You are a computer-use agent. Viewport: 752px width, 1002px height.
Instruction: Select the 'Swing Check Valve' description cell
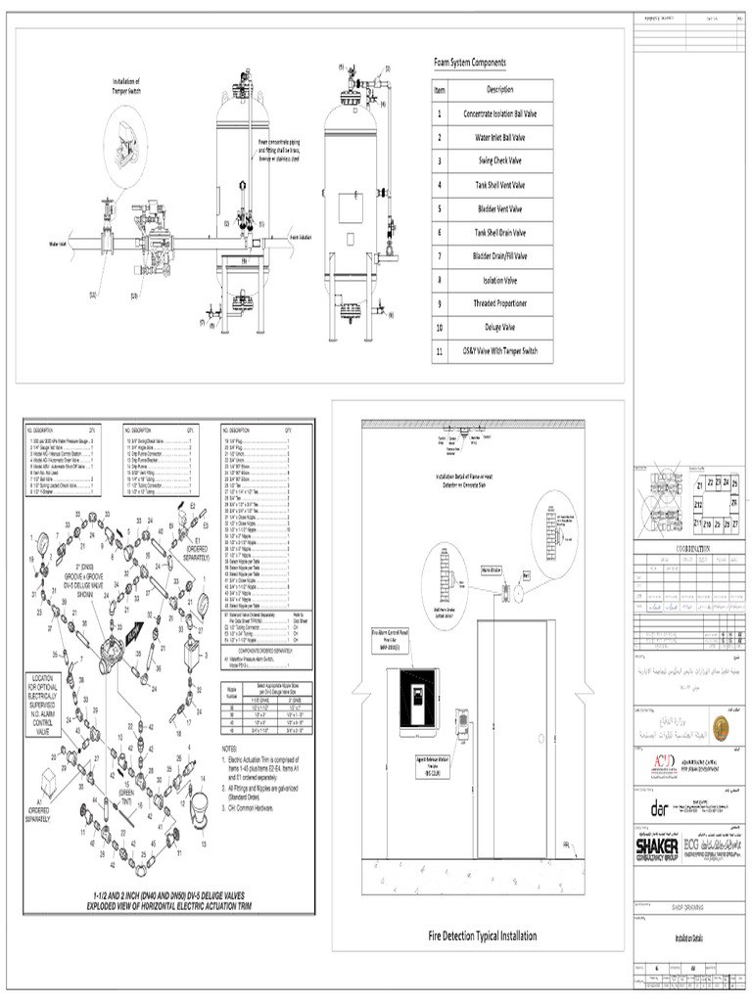point(493,161)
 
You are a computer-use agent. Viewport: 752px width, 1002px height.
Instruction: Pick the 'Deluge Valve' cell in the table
point(493,327)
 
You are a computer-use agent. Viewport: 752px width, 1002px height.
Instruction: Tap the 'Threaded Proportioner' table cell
point(493,303)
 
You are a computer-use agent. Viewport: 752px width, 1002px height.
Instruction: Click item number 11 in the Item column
point(440,350)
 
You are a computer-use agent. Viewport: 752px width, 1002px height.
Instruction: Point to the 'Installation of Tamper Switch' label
point(126,86)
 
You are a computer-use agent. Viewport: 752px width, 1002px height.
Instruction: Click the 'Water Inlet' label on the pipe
point(63,246)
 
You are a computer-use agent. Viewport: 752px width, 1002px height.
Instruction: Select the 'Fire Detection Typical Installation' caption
point(483,935)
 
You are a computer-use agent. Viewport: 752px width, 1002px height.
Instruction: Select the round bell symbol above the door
point(525,577)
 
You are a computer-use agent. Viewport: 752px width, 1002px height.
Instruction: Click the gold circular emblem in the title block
point(720,727)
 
